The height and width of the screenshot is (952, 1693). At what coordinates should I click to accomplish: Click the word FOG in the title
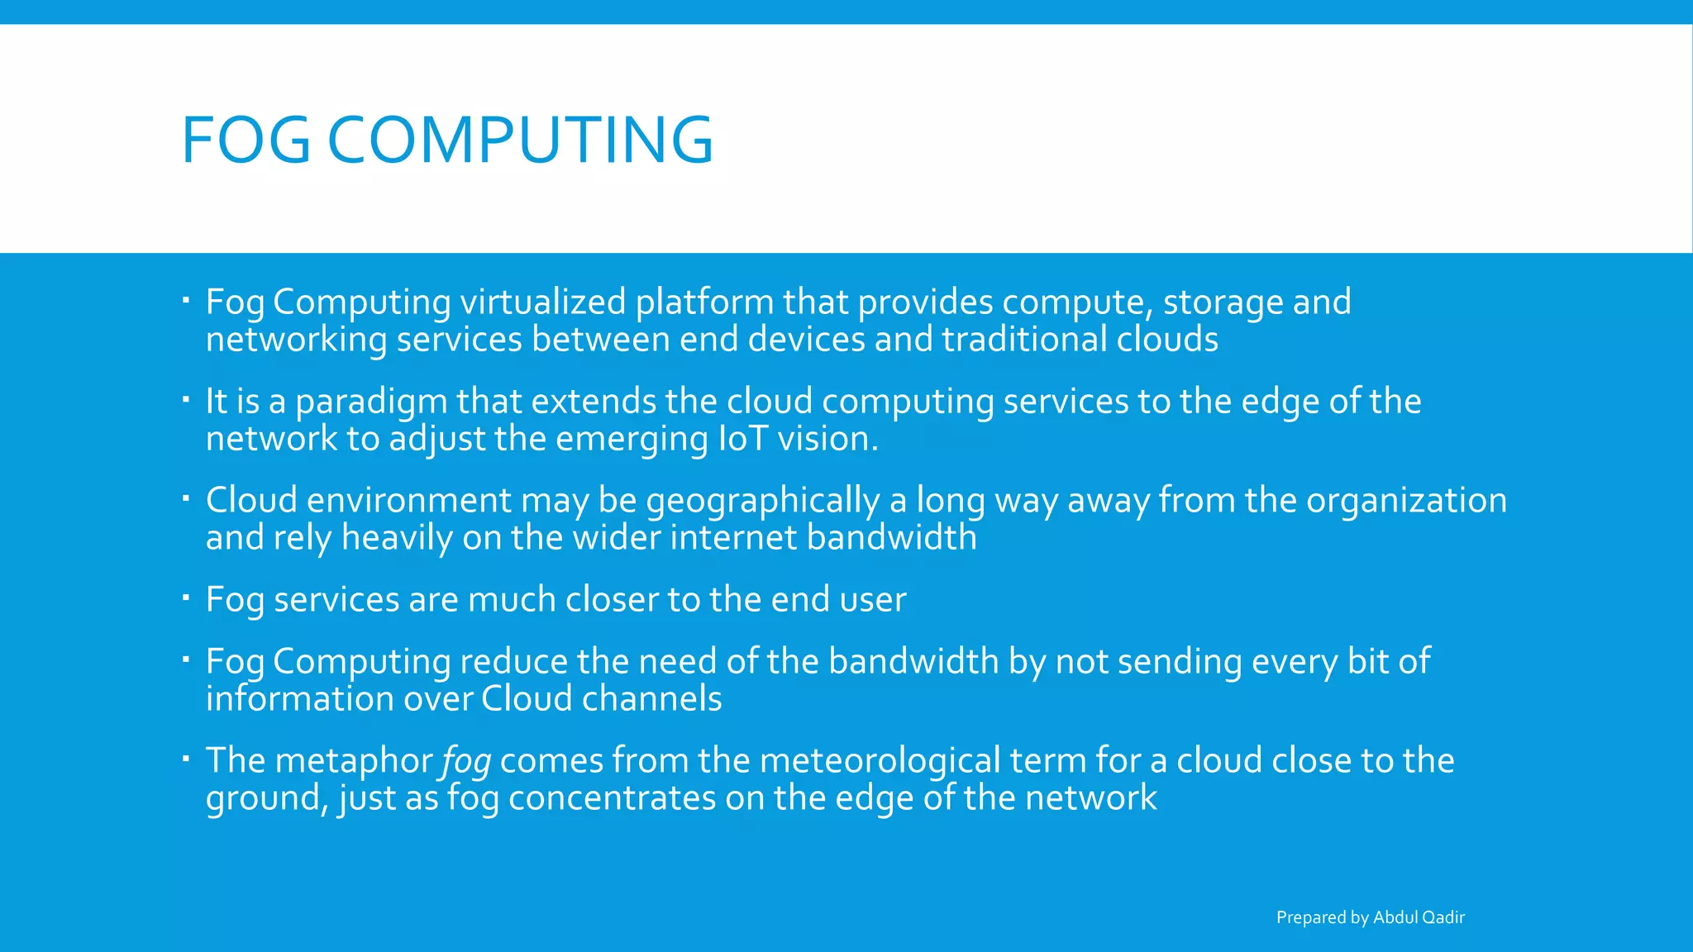pos(246,140)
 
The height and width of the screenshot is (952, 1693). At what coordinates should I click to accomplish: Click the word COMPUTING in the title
pos(520,140)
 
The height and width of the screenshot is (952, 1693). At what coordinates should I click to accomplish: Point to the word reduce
pos(513,662)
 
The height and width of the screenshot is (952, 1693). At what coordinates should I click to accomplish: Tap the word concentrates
pos(612,798)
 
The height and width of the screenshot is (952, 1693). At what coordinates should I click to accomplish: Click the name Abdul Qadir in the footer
pos(1419,917)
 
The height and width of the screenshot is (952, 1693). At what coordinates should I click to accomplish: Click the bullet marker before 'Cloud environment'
pos(186,497)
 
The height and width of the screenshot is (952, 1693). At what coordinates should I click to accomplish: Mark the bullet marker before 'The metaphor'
pos(186,758)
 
